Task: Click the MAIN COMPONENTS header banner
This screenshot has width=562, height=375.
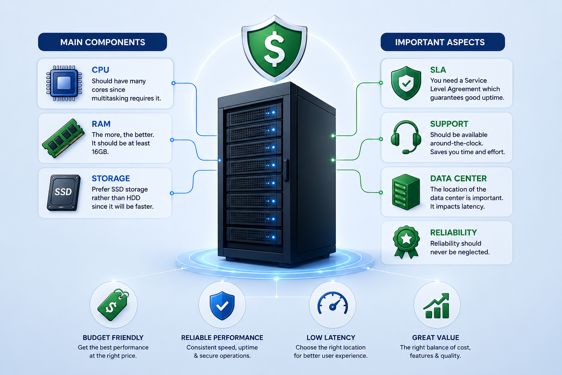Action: pyautogui.click(x=102, y=42)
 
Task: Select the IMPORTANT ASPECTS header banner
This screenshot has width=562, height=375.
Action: pyautogui.click(x=443, y=42)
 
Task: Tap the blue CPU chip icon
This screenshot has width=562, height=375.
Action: pyautogui.click(x=64, y=83)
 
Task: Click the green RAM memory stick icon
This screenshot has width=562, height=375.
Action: pyautogui.click(x=63, y=138)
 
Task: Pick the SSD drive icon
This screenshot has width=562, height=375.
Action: pyautogui.click(x=64, y=193)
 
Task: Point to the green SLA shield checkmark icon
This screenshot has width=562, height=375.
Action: pyautogui.click(x=406, y=83)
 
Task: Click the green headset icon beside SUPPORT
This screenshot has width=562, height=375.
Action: pyautogui.click(x=406, y=137)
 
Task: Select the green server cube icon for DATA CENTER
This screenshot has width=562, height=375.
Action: pyautogui.click(x=406, y=192)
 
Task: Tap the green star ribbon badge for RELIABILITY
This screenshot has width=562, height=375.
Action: pyautogui.click(x=406, y=242)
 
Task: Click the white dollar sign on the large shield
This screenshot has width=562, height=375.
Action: pyautogui.click(x=275, y=49)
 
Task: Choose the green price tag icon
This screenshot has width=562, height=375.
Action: pyautogui.click(x=113, y=305)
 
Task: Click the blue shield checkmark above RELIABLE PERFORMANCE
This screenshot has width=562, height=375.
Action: pyautogui.click(x=222, y=305)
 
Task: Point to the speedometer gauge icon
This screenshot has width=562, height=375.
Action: pyautogui.click(x=333, y=303)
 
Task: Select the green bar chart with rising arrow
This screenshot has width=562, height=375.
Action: pyautogui.click(x=436, y=306)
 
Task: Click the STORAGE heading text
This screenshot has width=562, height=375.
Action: pyautogui.click(x=110, y=178)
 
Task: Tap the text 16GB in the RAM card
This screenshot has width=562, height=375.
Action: pyautogui.click(x=100, y=152)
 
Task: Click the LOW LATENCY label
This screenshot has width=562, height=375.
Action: pyautogui.click(x=331, y=338)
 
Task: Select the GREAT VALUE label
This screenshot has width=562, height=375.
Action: pyautogui.click(x=435, y=338)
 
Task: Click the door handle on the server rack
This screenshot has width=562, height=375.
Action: pyautogui.click(x=286, y=170)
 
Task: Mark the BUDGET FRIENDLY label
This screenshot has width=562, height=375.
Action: pyautogui.click(x=113, y=338)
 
